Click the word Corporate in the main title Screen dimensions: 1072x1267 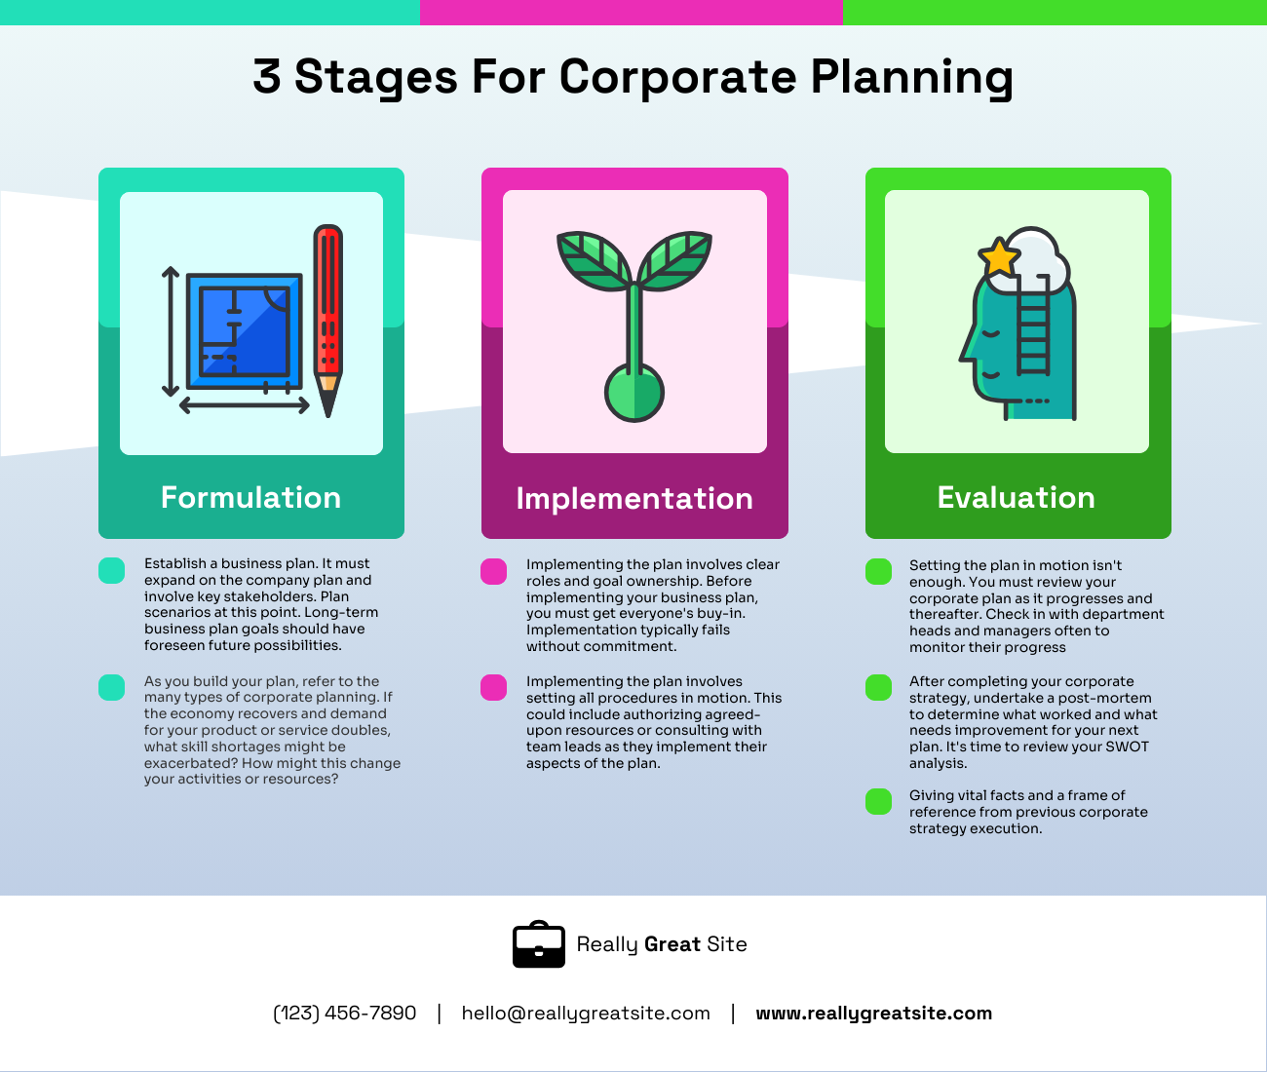tap(677, 77)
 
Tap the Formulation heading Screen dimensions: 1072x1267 tap(250, 497)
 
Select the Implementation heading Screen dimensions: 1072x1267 tap(634, 498)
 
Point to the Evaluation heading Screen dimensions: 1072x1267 tap(1016, 497)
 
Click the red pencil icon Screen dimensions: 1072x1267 tap(328, 317)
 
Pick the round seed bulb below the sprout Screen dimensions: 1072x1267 tap(634, 393)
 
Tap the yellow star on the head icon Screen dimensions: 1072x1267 tap(999, 259)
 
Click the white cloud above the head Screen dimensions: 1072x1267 tap(1039, 255)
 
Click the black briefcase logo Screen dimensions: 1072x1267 tap(539, 944)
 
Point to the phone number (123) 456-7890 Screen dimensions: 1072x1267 tap(345, 1014)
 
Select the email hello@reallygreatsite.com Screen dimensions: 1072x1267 tap(586, 1014)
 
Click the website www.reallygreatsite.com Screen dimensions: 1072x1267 tap(873, 1014)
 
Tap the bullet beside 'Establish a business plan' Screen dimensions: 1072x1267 tap(112, 571)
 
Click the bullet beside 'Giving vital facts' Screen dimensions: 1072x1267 tap(878, 801)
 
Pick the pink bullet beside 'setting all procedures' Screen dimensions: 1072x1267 tap(494, 687)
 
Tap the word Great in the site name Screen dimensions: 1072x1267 tap(672, 944)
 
